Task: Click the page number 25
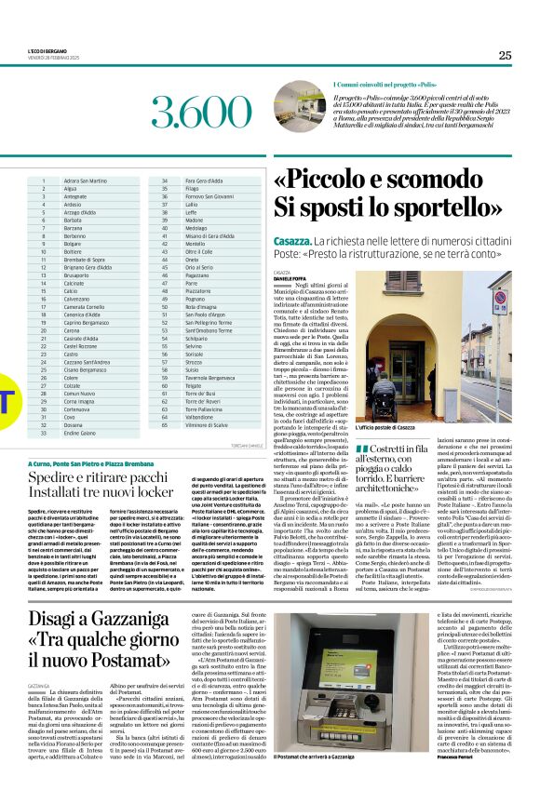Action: (x=505, y=55)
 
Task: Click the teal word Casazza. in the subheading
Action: (x=287, y=239)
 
